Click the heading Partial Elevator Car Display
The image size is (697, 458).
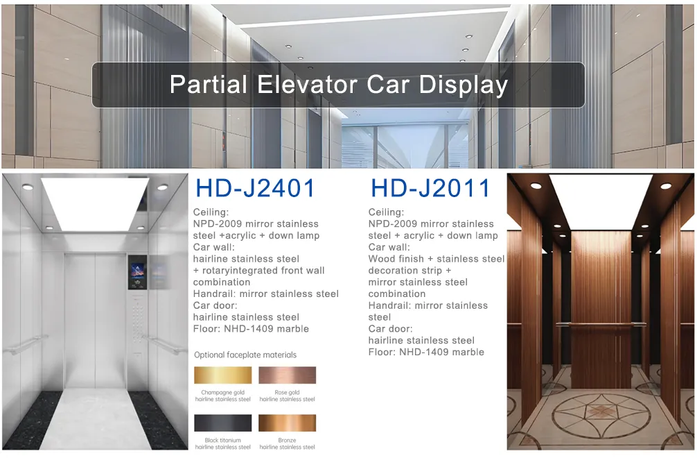[x=338, y=85]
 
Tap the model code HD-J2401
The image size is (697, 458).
[x=255, y=188]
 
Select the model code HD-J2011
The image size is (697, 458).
[x=430, y=188]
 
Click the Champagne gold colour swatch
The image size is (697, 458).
[x=222, y=375]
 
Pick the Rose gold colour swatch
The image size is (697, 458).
[x=287, y=375]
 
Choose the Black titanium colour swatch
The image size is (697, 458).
[x=222, y=423]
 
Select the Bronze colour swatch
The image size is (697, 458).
[x=287, y=423]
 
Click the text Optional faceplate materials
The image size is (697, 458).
[x=245, y=355]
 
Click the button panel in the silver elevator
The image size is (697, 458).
[x=139, y=326]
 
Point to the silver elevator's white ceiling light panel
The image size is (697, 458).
[x=95, y=203]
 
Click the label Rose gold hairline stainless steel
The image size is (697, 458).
[x=287, y=396]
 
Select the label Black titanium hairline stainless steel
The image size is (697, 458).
[x=222, y=443]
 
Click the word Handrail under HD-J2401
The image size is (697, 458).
[x=215, y=294]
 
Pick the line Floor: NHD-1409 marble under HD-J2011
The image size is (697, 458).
[x=426, y=352]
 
